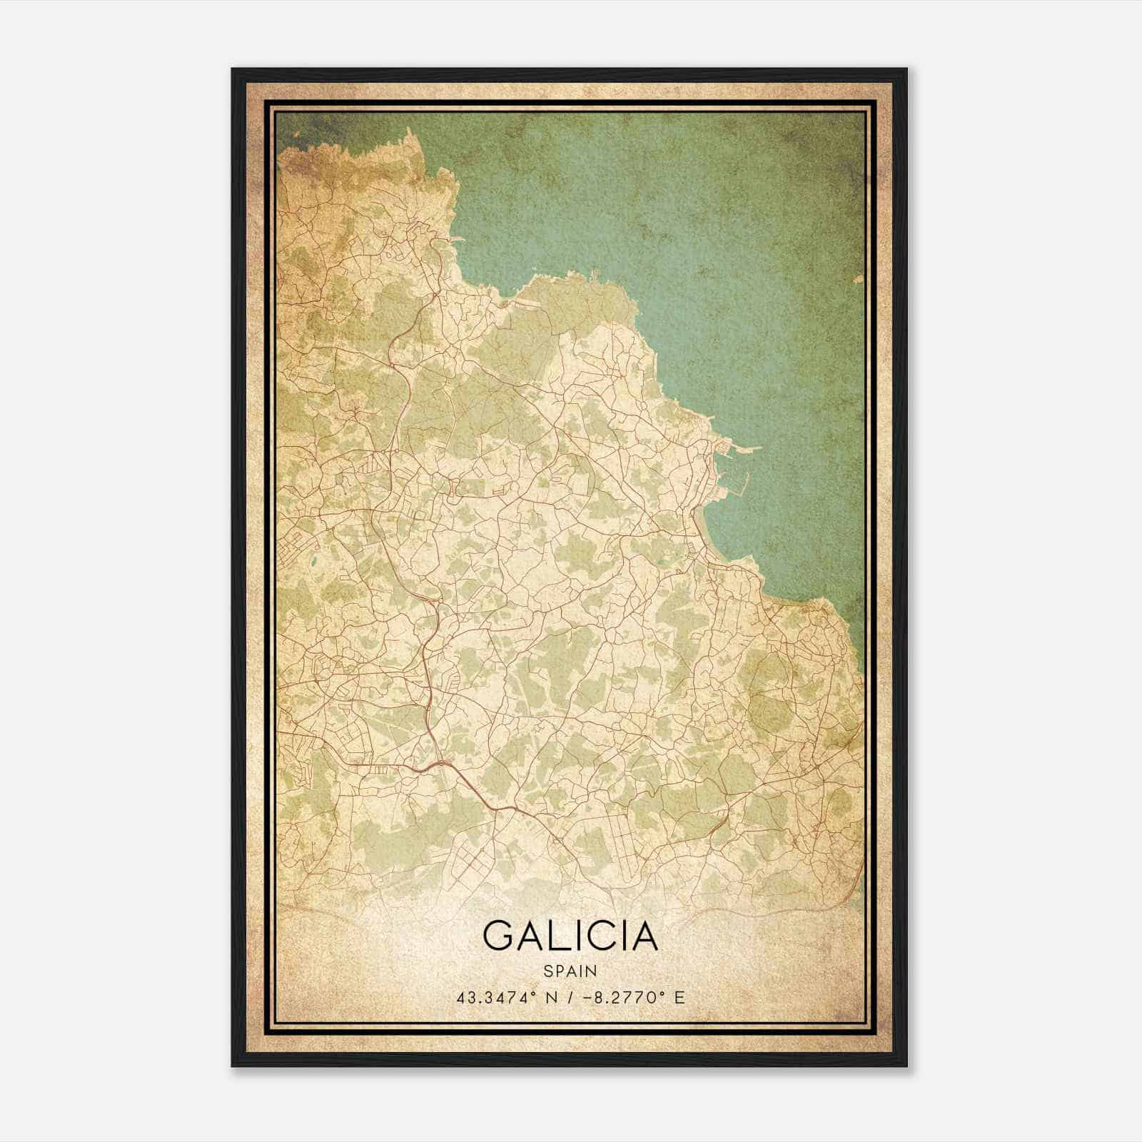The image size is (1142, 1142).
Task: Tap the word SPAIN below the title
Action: click(x=570, y=971)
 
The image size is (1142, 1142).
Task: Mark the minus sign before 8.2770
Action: click(x=585, y=997)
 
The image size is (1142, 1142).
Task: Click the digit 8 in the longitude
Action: click(x=595, y=997)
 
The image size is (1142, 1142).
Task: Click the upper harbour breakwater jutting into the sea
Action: click(x=742, y=448)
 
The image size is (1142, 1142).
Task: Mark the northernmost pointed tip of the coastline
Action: click(x=408, y=129)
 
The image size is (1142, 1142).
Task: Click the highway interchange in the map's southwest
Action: click(x=443, y=765)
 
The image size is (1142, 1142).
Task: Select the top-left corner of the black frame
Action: click(x=233, y=69)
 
